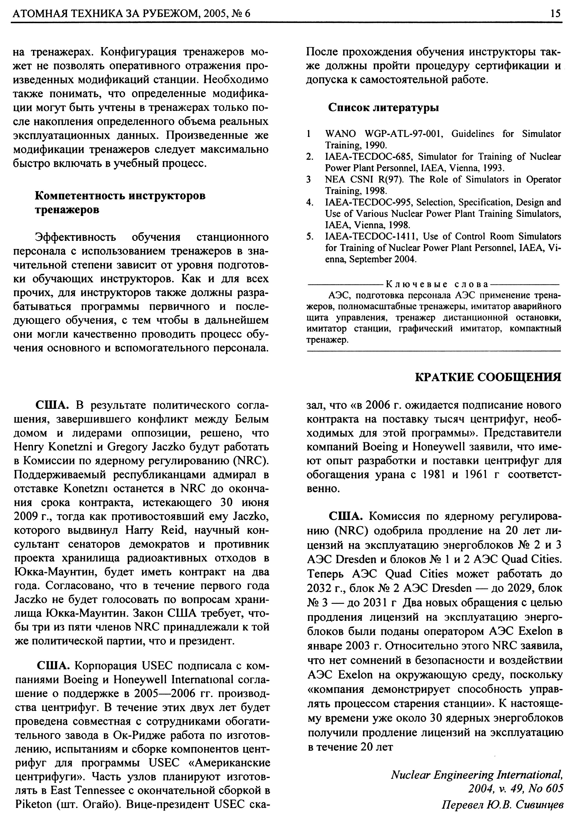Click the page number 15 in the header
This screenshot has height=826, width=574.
[555, 14]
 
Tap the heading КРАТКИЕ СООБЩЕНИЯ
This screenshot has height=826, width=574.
[488, 377]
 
